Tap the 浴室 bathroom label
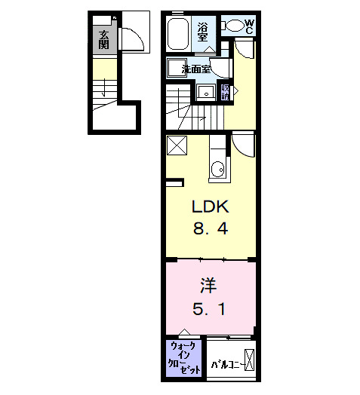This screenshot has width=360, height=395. (x=203, y=32)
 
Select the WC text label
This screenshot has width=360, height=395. (x=250, y=26)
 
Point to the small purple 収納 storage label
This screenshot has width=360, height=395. (x=226, y=92)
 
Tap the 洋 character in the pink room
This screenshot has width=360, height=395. (x=209, y=286)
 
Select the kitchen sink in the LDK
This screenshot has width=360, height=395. (x=217, y=167)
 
